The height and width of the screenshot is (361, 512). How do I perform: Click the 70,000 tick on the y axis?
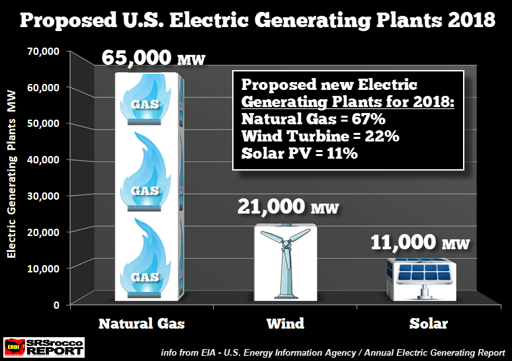pos(44,52)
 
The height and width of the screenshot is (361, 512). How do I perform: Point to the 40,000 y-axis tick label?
pos(44,159)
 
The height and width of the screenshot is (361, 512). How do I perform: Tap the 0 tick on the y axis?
pos(56,305)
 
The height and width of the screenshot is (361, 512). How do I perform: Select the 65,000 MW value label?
pos(153,58)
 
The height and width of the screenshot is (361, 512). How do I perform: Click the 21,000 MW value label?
pos(288,206)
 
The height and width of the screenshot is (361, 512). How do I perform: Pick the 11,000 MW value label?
pos(420,243)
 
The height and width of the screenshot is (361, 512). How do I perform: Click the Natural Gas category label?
pos(142,323)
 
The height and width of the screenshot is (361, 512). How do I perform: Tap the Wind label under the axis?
pos(285,323)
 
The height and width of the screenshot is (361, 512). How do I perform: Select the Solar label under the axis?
pos(429,323)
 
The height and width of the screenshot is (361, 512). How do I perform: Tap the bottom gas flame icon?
pos(145,259)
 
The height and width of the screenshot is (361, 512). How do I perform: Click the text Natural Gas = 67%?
pos(314,119)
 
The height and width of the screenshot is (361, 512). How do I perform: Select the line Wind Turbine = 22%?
pos(320,136)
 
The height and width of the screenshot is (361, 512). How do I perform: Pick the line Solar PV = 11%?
pos(300,153)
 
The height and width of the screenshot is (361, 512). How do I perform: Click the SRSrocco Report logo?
pos(44,347)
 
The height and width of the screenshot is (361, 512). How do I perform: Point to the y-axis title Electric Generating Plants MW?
pos(11,174)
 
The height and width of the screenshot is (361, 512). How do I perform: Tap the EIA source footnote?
pos(333,353)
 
